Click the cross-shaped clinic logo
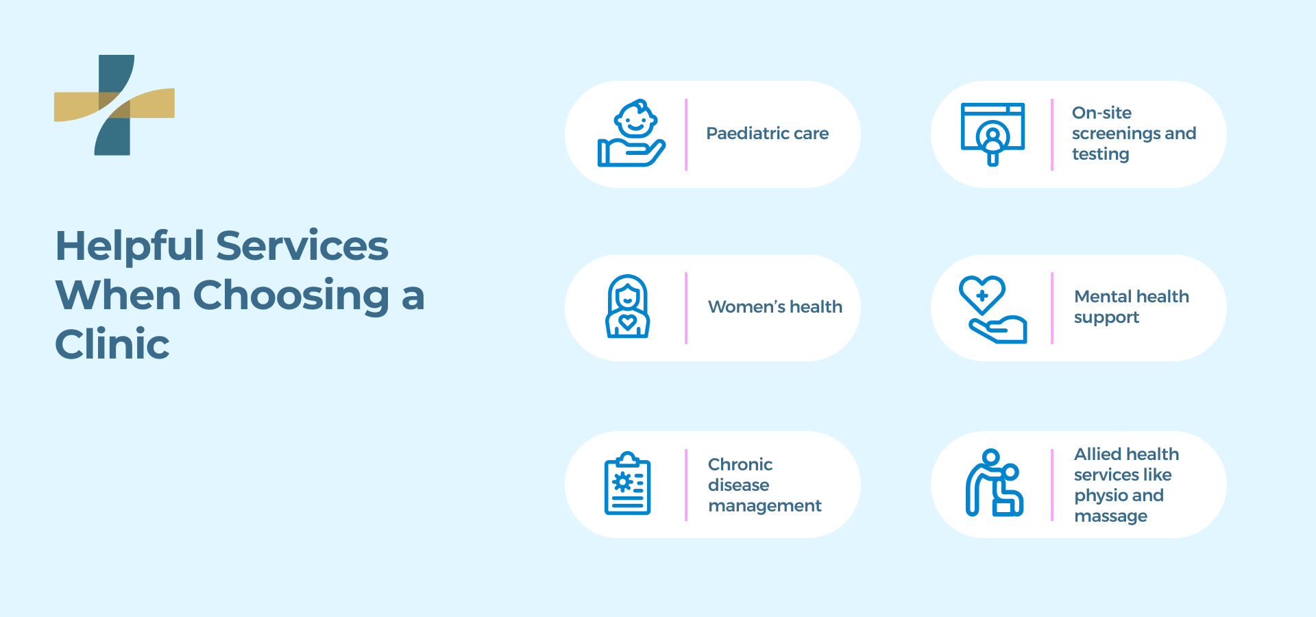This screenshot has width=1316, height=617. pos(114,105)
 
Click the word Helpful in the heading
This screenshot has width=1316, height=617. pos(130,245)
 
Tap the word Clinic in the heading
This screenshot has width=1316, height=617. pos(112,344)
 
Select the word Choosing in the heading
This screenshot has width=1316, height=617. pos(291,295)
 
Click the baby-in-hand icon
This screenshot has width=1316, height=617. pos(631,134)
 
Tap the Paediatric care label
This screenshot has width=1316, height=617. pos(767,134)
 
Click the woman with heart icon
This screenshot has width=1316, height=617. pos(627,306)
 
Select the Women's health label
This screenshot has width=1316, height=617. pos(775,307)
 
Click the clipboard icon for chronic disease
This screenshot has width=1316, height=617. pos(627,483)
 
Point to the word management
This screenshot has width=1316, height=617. pos(764,506)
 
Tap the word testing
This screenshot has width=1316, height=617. pos(1100,154)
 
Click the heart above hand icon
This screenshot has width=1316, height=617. pos(992,309)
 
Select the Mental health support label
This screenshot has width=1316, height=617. pos(1131,306)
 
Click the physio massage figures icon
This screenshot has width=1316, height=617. pos(993,483)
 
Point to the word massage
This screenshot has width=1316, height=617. pos(1110,516)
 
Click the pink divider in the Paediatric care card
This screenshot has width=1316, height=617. pos(686,134)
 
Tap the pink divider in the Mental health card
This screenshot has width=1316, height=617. pos(1052,308)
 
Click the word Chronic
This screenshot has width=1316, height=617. pos(740,465)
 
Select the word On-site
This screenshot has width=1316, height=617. pos(1101,113)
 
